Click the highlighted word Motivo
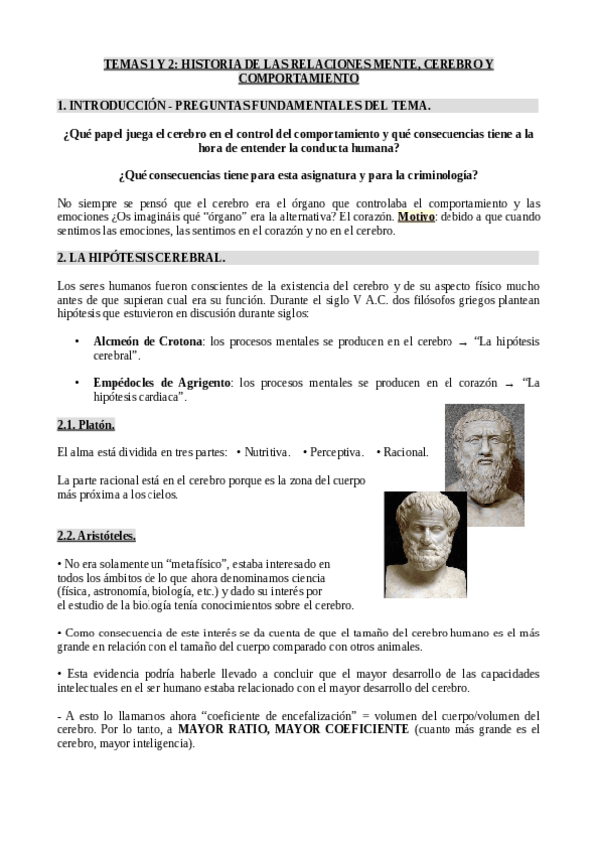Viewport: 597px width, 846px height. point(415,216)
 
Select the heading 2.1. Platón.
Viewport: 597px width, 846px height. point(86,424)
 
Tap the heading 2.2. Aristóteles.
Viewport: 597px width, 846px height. point(96,536)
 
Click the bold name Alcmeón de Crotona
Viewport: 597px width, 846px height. point(148,341)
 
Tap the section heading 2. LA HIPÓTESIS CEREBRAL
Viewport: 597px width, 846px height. point(142,258)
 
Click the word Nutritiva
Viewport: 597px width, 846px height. point(266,452)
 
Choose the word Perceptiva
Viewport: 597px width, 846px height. point(337,452)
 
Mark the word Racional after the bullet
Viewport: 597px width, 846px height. point(405,452)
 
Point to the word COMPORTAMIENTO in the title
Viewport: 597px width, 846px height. point(299,78)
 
